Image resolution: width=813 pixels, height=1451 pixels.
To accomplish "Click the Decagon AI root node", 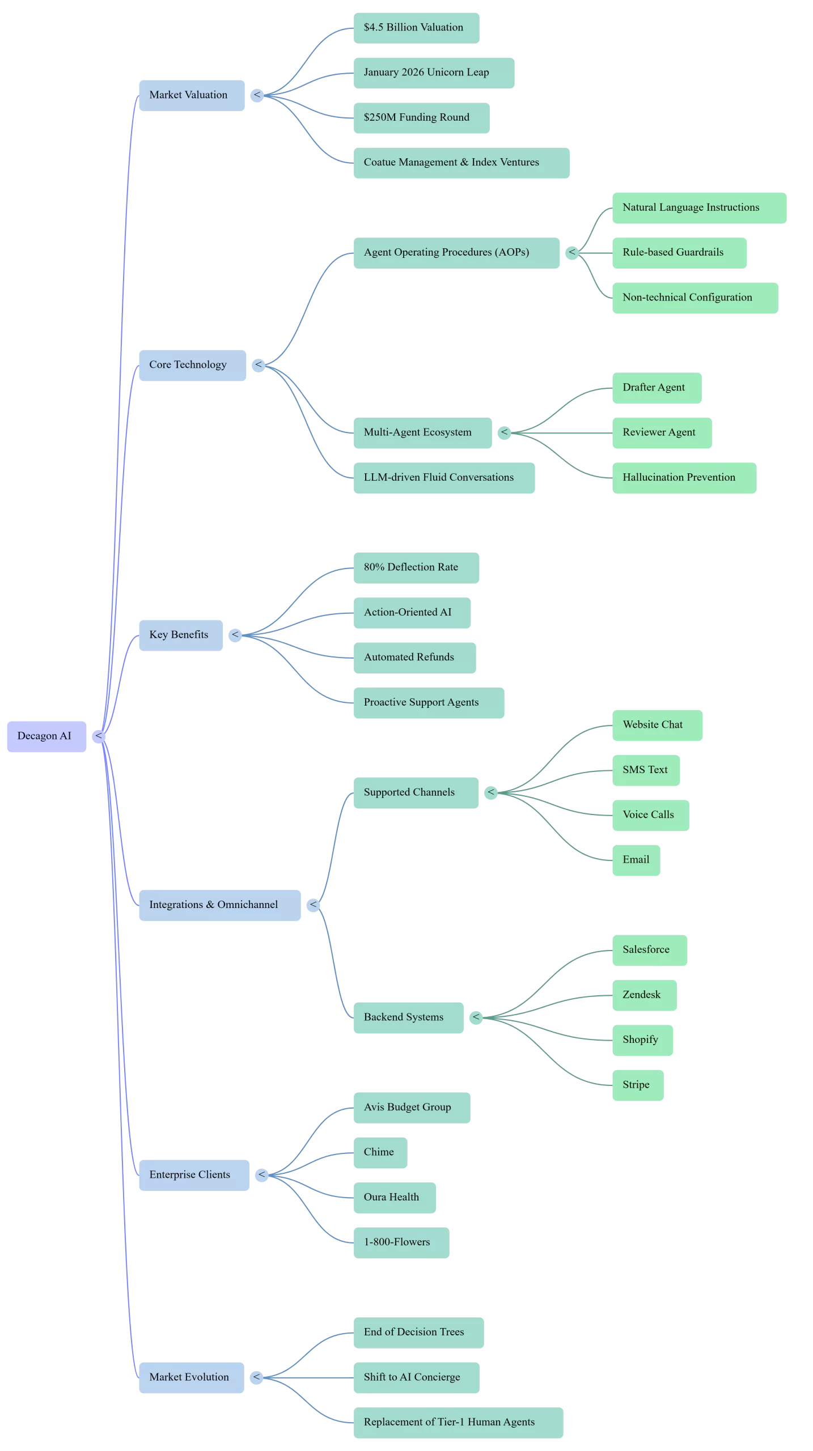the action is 46,736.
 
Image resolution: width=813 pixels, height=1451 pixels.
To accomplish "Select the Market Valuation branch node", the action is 192,95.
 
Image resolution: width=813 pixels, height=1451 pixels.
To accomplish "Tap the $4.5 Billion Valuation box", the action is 416,28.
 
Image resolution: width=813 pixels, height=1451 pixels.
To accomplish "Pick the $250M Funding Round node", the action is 421,118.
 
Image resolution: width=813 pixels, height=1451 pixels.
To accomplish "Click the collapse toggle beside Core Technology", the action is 259,365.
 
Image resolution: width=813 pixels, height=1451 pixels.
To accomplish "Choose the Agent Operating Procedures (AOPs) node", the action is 456,253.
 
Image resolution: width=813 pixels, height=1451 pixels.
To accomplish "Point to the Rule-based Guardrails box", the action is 679,253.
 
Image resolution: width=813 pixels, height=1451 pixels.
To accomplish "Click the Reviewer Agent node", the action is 662,433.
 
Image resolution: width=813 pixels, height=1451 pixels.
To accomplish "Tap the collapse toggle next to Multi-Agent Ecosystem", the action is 504,433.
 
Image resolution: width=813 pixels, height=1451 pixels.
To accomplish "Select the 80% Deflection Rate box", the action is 416,568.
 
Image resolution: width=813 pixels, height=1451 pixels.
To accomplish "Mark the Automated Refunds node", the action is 414,658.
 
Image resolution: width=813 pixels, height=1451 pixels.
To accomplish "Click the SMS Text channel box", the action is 646,770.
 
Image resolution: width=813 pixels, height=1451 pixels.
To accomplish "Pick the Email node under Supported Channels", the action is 636,860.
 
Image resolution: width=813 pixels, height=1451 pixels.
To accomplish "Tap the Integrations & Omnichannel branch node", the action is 220,905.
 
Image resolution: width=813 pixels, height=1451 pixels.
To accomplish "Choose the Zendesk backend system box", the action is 645,995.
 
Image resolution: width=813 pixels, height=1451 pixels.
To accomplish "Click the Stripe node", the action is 638,1085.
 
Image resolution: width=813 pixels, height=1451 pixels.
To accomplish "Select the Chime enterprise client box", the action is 380,1153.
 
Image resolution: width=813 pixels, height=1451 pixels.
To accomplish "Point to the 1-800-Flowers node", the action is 401,1243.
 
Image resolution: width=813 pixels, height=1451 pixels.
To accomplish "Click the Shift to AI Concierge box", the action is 416,1378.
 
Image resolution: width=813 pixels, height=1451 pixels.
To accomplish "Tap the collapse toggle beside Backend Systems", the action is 476,1018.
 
